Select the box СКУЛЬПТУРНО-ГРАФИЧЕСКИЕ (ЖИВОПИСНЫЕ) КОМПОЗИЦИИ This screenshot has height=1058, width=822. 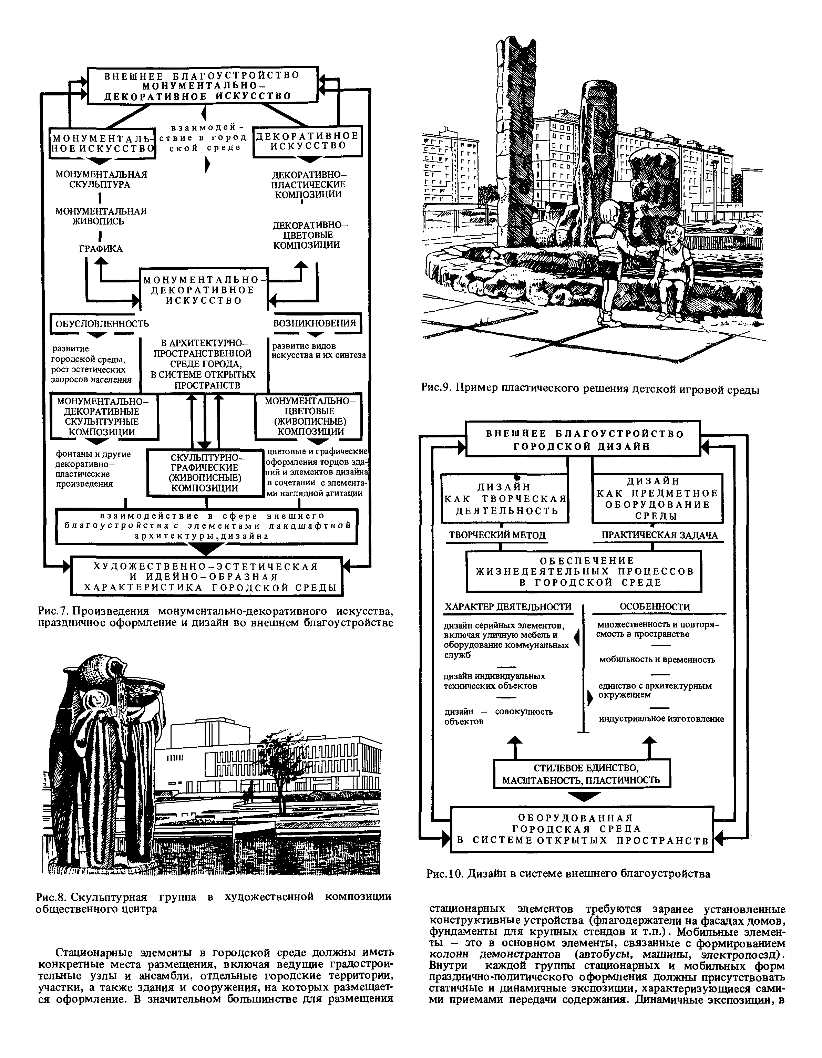(x=205, y=473)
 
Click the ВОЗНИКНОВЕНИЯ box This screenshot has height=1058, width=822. (x=315, y=323)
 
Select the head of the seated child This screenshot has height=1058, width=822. (x=673, y=235)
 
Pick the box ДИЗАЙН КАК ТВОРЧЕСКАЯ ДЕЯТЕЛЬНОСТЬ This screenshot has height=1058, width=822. (x=505, y=498)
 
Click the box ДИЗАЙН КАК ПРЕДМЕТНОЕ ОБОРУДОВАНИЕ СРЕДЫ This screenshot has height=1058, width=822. (x=657, y=498)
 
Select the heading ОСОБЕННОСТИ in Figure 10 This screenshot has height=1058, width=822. (x=654, y=606)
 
